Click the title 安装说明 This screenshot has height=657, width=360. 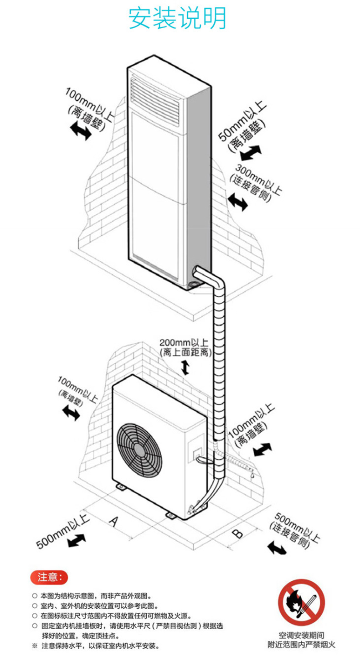177,18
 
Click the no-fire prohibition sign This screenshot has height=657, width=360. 301,602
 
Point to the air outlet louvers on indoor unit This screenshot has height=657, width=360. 155,100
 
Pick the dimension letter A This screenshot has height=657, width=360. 114,522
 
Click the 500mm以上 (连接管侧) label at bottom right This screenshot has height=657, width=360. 294,530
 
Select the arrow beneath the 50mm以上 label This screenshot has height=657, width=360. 250,153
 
